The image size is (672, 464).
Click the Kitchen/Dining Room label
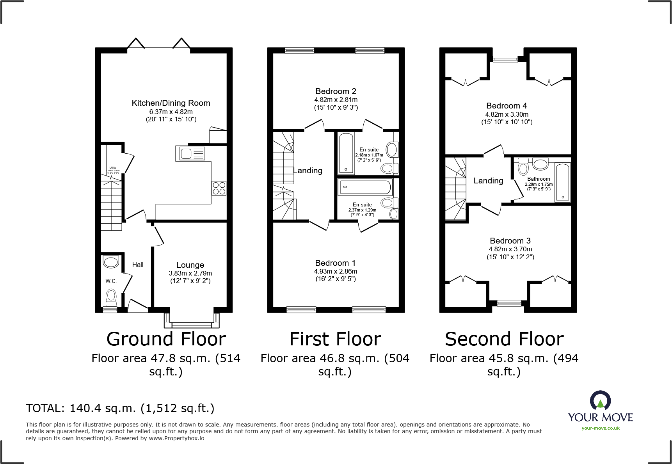(x=171, y=103)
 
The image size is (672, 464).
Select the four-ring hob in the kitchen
(x=219, y=188)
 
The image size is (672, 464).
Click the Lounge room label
(x=190, y=265)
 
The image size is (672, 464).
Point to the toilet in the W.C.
(x=111, y=297)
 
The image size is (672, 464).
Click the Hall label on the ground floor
(x=138, y=265)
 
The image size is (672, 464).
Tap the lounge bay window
(x=192, y=324)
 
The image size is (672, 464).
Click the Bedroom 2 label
(x=336, y=91)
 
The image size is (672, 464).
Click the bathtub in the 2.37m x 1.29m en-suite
(x=365, y=187)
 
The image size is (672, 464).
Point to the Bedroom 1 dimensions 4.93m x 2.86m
(x=336, y=271)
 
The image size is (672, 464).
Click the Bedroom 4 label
(x=507, y=106)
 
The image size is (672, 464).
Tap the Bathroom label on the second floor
(x=539, y=179)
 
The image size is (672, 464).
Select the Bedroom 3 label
(x=510, y=241)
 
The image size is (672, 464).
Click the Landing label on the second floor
(x=488, y=181)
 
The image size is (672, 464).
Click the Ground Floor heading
(x=166, y=339)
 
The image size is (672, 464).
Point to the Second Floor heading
(x=504, y=339)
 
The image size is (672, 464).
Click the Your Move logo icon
(x=600, y=401)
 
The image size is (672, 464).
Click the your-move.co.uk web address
(x=600, y=428)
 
